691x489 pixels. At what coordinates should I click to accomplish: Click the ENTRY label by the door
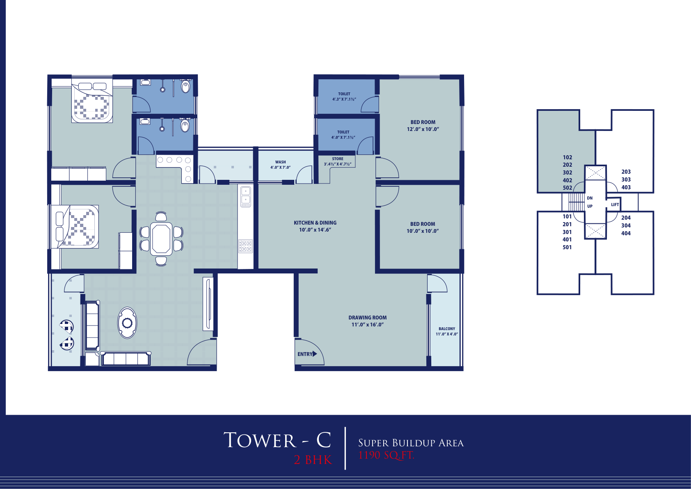coord(305,354)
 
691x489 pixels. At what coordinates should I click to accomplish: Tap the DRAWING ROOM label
coord(367,318)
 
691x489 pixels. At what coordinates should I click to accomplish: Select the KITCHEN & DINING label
coord(315,223)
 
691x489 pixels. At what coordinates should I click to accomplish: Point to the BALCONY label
coord(447,329)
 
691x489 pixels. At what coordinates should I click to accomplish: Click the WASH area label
coord(280,162)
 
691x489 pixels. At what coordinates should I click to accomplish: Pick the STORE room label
coord(337,159)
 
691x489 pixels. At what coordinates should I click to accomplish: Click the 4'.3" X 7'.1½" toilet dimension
coord(344,99)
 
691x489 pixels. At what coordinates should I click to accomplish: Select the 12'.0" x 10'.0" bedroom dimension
coord(423,129)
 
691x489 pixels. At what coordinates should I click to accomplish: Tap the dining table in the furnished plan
coord(161,239)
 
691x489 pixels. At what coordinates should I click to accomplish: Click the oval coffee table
coord(127,323)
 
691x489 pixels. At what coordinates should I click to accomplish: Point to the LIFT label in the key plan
coord(615,205)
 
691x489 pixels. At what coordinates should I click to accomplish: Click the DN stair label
coord(590,198)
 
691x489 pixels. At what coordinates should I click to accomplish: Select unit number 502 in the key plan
coord(567,188)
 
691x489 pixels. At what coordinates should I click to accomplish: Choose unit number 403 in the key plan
coord(626,187)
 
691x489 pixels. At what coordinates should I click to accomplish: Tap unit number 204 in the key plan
coord(626,218)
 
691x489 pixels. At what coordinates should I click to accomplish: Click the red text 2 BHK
coord(313,460)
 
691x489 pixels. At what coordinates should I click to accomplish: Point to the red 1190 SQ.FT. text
coord(386,455)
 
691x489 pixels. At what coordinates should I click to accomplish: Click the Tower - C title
coord(277,440)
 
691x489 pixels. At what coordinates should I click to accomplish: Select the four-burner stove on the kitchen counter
coord(245,246)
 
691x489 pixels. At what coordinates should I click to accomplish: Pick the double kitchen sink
coord(245,196)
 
